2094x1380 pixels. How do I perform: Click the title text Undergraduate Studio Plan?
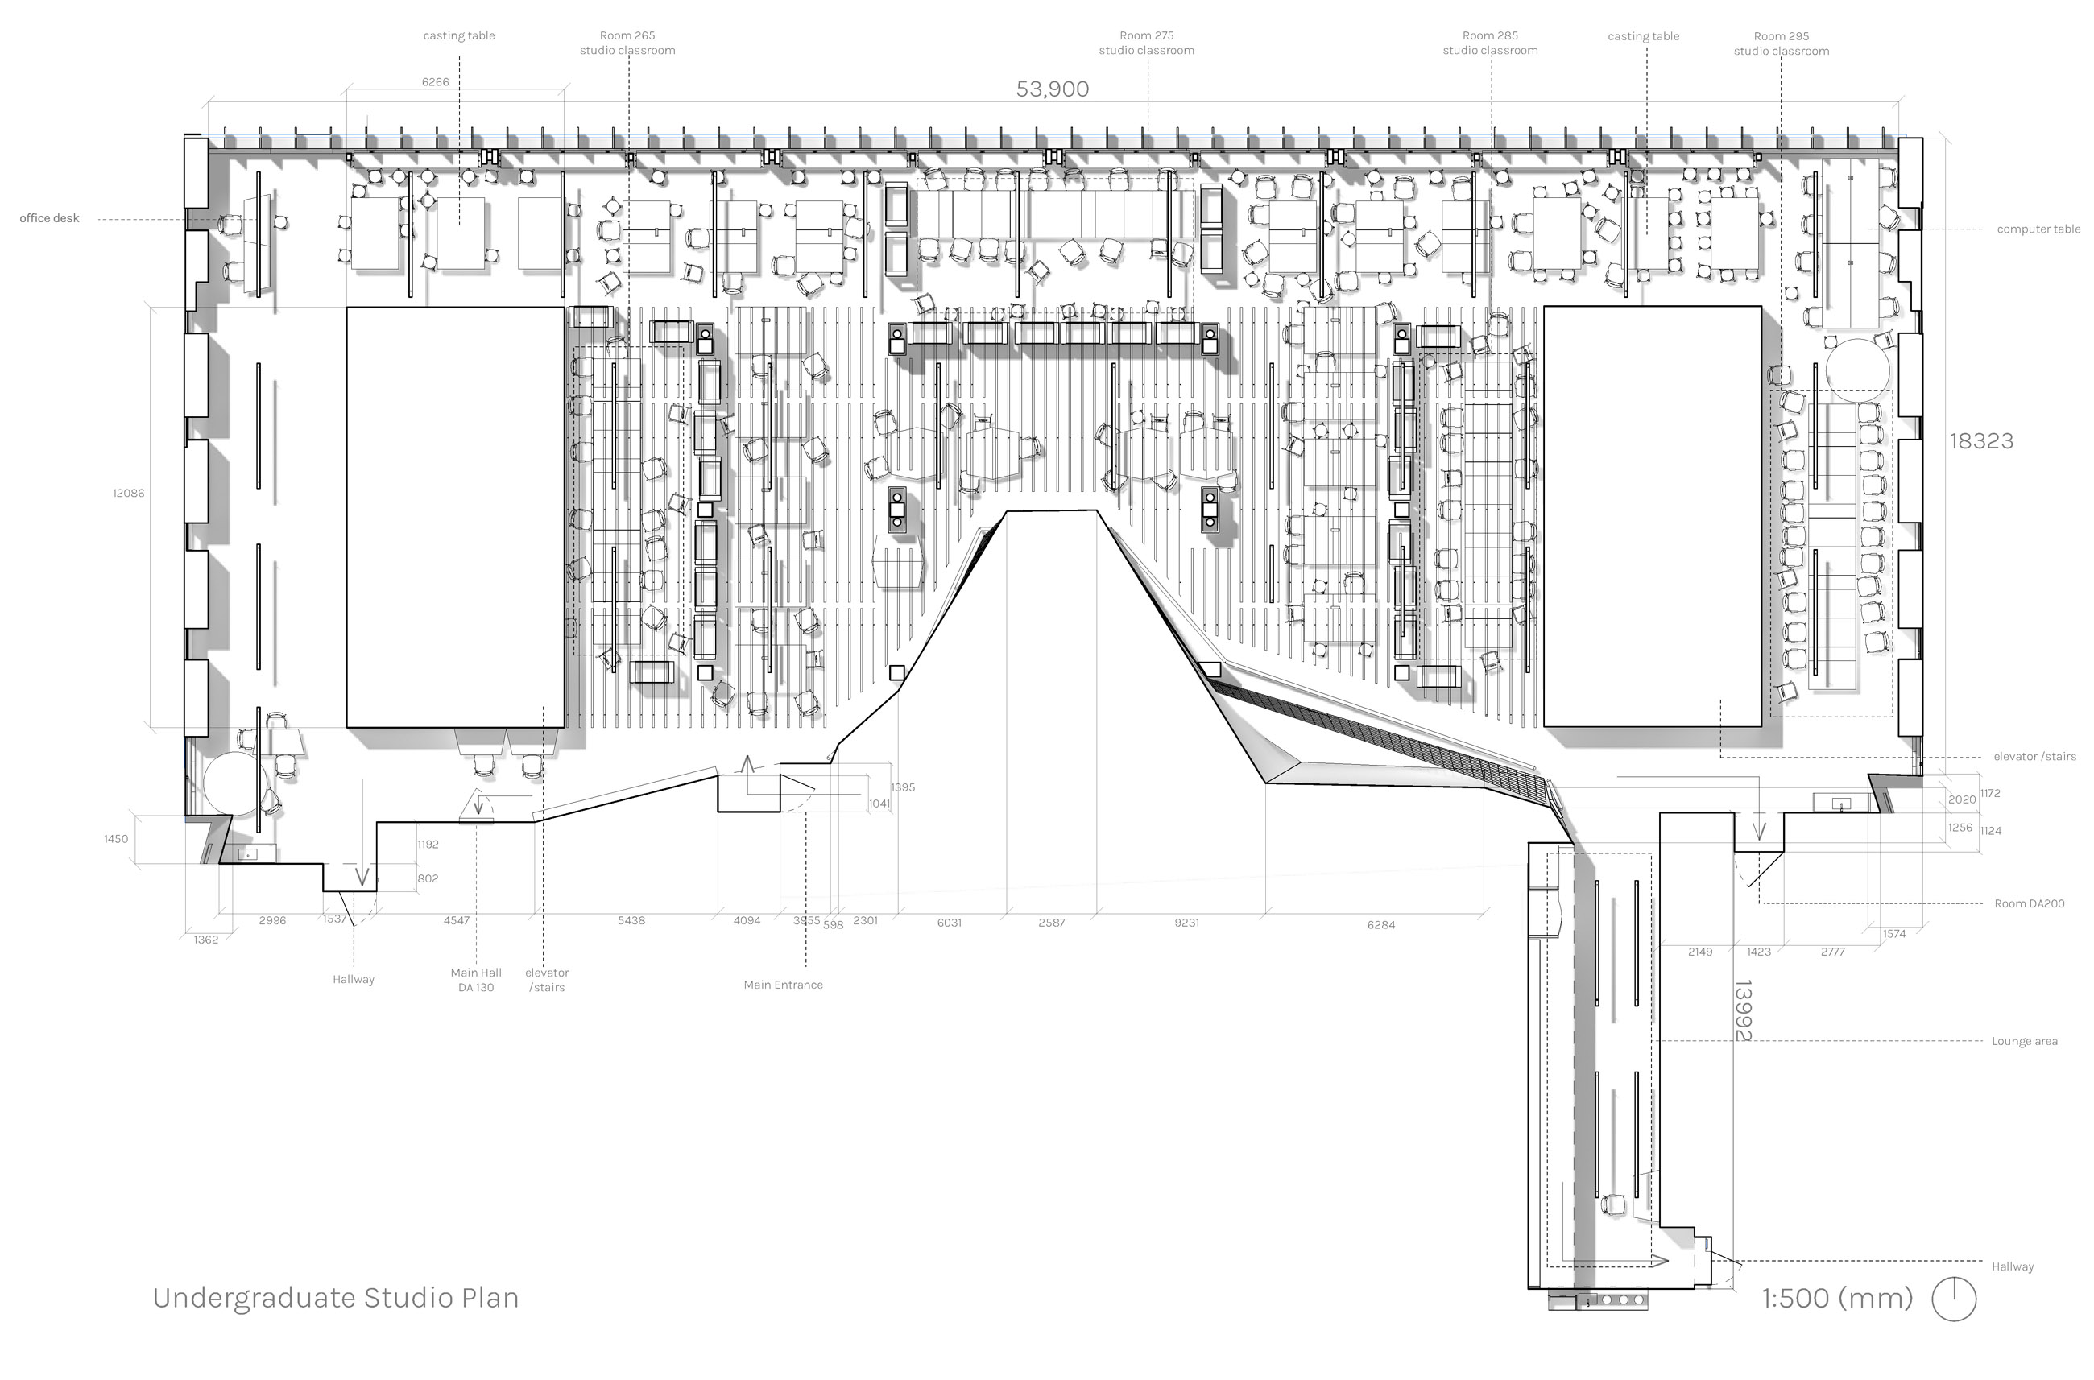(335, 1298)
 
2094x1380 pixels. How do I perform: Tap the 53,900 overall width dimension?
(1052, 89)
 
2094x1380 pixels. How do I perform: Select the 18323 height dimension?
(1980, 441)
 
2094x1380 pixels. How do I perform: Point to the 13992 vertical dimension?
(1742, 1010)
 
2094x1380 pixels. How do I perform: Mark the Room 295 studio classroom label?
(1781, 44)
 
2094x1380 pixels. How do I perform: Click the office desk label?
(49, 218)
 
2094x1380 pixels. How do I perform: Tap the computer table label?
(2038, 229)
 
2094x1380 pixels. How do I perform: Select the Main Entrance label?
(783, 985)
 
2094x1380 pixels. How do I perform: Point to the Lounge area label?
(2024, 1041)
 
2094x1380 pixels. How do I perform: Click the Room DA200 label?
(2028, 904)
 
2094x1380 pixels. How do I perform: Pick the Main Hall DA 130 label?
(475, 980)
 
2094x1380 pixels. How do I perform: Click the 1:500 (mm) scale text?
(1837, 1298)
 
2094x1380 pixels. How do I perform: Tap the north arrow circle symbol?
(1953, 1299)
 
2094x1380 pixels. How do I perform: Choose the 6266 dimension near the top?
(435, 82)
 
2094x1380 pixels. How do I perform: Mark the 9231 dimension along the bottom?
(1186, 923)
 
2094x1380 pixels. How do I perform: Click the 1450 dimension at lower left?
(115, 839)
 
